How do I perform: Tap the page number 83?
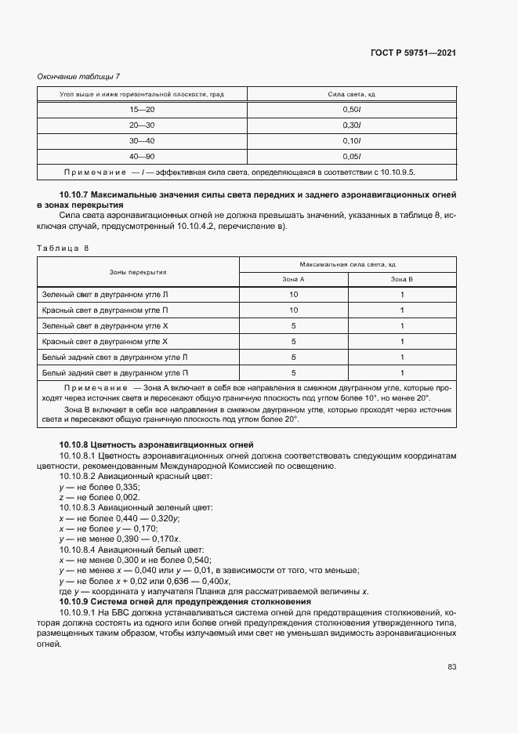point(451,667)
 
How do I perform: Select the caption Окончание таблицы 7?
point(78,76)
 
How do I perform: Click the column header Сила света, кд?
point(351,94)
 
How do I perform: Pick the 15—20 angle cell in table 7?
point(143,111)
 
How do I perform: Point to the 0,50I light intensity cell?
point(351,111)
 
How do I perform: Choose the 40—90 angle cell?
point(143,156)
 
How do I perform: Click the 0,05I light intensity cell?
point(351,156)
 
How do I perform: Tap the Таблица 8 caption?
point(63,248)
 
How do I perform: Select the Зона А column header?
point(293,279)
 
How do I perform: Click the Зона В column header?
point(401,279)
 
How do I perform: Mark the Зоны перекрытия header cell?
point(137,272)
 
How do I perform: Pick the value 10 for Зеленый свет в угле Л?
point(293,295)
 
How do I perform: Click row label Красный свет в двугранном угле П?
point(114,310)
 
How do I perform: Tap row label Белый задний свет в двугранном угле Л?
point(114,357)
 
